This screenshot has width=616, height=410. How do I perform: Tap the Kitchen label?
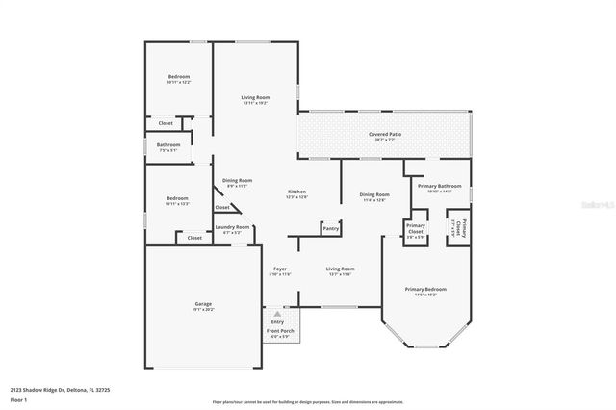tap(296, 192)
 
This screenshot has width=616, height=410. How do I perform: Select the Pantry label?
tap(331, 228)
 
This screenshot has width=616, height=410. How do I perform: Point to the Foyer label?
tap(280, 269)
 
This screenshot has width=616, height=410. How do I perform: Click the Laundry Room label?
tap(236, 227)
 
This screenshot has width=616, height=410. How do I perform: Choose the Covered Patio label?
tap(385, 134)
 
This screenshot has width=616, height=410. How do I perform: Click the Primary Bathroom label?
tap(438, 186)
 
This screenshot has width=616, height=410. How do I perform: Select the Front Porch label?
tap(280, 331)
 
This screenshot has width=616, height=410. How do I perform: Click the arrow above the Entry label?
tap(277, 314)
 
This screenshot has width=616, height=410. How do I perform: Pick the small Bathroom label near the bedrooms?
tap(168, 145)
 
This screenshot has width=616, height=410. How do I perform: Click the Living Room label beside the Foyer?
tap(340, 269)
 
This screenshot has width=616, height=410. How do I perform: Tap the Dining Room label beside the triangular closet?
tap(237, 180)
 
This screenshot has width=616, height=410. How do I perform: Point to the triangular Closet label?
tap(222, 207)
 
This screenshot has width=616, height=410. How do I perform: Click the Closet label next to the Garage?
tap(194, 237)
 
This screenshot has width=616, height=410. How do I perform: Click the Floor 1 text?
tap(16, 398)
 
